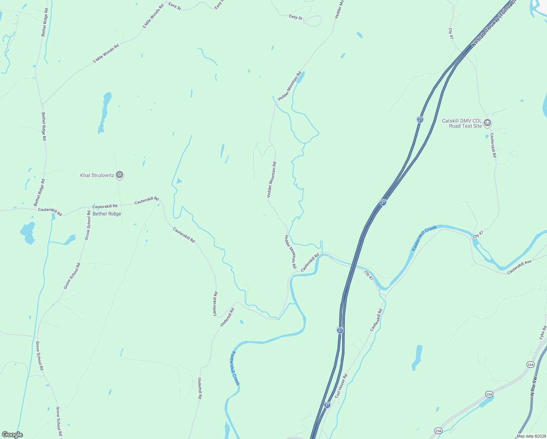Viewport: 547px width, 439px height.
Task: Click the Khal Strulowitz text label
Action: pos(97,176)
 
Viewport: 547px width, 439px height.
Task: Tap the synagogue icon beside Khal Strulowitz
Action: pos(120,175)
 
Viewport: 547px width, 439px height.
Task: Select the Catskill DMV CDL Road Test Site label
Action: pos(462,123)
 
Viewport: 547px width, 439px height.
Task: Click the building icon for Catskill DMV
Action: pos(487,123)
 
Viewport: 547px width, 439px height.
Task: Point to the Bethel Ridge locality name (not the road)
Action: pos(107,214)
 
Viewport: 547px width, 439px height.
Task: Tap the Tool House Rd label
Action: pos(341,386)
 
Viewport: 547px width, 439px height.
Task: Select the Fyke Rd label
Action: pos(543,333)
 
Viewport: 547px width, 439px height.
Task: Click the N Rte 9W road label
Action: pos(534,386)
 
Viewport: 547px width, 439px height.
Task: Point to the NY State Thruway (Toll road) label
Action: pos(494,23)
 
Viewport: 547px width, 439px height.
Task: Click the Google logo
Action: pos(12,435)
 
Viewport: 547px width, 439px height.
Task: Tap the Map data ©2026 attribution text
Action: pos(531,436)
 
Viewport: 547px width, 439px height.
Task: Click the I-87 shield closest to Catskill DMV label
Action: pos(420,120)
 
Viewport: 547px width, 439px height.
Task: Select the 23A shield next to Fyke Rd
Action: pos(531,364)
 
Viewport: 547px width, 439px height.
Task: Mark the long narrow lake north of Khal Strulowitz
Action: pos(105,112)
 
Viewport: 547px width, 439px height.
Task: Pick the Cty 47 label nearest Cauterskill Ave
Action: pos(478,234)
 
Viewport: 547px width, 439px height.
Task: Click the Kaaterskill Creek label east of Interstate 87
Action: pos(424,238)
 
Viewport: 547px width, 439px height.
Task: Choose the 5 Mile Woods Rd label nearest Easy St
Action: pos(151,16)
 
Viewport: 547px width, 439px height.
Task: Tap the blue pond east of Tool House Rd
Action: pos(417,356)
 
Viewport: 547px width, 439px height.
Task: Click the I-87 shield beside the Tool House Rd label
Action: pos(327,405)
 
